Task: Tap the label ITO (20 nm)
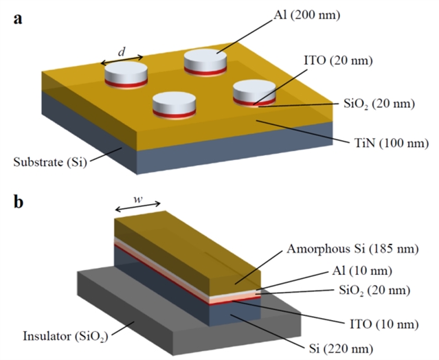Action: [341, 61]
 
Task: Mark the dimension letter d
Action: [122, 51]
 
